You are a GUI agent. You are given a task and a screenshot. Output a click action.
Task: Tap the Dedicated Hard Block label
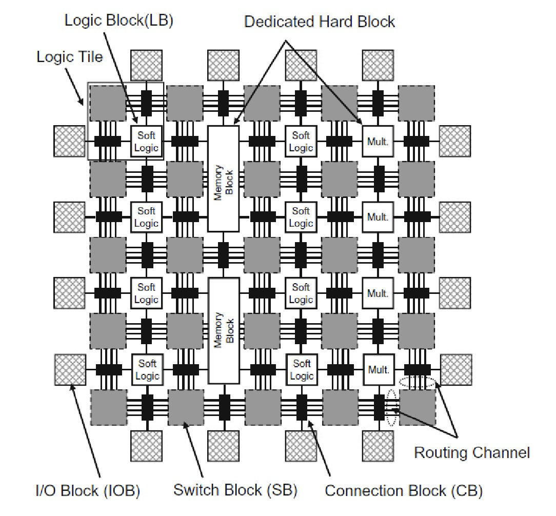tap(320, 22)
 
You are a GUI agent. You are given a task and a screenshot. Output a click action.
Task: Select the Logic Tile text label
tap(70, 56)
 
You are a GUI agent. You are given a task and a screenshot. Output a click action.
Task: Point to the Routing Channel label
tap(472, 452)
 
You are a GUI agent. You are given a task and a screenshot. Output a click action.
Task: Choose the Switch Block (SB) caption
tap(235, 490)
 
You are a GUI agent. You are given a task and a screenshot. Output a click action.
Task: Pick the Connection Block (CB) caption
tap(404, 490)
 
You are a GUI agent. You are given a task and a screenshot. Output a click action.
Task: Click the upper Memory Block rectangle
tap(223, 178)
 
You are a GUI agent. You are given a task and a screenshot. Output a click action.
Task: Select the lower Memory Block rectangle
tap(223, 331)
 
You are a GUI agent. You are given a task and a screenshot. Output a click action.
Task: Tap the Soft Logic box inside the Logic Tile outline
tap(147, 141)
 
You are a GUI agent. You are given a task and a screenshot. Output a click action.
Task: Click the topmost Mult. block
tap(378, 141)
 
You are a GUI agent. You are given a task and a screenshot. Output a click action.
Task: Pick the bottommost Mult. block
tap(378, 370)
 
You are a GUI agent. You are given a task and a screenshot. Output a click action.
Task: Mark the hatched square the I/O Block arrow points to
tap(69, 369)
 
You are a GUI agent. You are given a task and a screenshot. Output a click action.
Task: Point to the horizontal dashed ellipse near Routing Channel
tap(418, 382)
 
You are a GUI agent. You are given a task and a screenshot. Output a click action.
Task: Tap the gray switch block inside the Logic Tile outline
tap(108, 103)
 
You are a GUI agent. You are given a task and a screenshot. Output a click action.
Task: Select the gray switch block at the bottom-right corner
tap(417, 408)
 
